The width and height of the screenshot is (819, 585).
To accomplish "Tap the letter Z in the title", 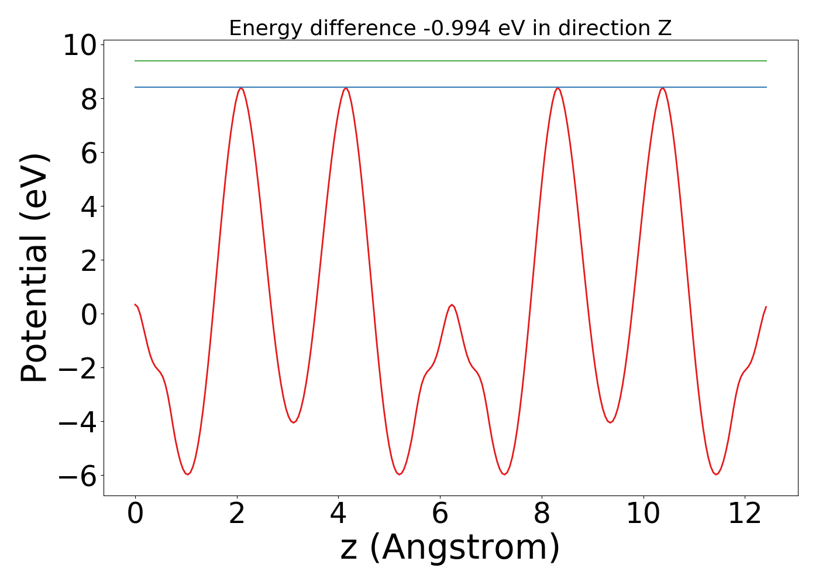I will coord(665,28).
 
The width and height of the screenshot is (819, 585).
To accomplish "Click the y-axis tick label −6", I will coord(78,476).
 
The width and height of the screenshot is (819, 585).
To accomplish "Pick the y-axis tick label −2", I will coord(78,368).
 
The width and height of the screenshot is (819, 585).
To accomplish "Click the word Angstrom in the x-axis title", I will coord(465,548).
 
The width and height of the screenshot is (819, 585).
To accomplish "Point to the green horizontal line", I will coord(450,61).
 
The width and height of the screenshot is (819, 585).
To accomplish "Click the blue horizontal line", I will coord(450,87).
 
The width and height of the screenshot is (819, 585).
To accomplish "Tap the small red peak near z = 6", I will coord(452,305).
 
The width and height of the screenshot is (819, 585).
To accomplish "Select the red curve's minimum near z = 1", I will coord(187,474).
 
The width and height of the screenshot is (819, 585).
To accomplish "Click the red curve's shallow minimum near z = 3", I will coord(293,422).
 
